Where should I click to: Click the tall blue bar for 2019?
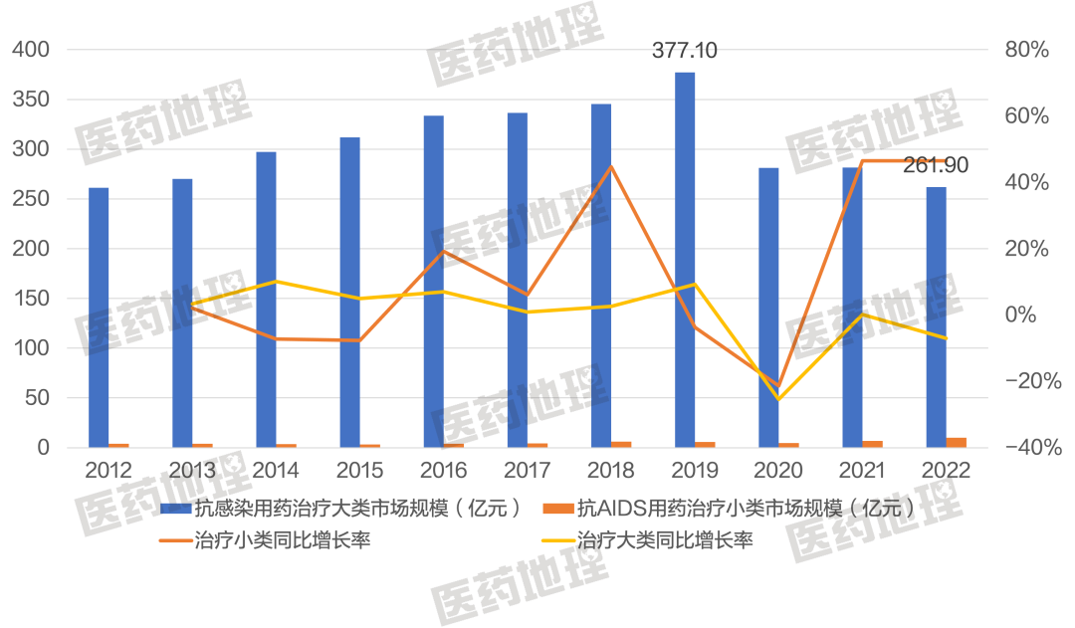685,259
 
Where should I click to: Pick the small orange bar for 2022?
957,442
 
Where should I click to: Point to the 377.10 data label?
684,50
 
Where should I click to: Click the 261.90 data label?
935,165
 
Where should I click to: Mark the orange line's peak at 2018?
612,165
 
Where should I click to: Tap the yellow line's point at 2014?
277,282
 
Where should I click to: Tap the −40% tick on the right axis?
1025,448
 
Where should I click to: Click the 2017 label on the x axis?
528,469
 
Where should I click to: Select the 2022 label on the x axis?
946,469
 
